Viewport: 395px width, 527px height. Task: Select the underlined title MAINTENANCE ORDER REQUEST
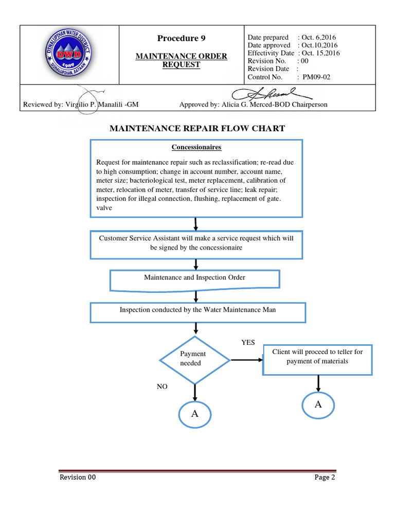click(x=181, y=60)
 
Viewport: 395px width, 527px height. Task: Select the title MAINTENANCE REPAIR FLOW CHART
click(x=197, y=128)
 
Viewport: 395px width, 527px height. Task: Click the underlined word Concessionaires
click(x=196, y=147)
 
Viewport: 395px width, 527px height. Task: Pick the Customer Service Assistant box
click(x=196, y=243)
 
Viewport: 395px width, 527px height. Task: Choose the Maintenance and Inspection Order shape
click(x=195, y=278)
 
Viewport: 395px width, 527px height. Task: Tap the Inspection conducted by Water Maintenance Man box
click(x=198, y=310)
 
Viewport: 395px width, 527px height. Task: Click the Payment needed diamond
click(x=194, y=359)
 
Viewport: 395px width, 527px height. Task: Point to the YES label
click(x=248, y=342)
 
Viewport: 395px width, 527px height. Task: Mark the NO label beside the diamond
click(x=162, y=387)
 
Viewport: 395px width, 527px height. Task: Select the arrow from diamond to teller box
click(x=246, y=359)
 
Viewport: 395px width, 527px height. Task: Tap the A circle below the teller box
click(x=318, y=405)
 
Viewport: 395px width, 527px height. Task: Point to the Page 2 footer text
click(x=325, y=477)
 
